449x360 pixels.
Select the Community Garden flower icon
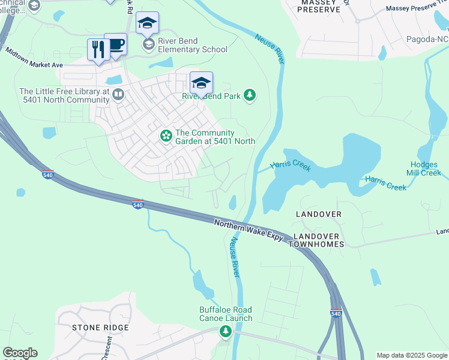pos(166,137)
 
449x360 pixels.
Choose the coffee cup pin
pos(115,44)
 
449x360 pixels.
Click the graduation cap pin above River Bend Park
pos(201,82)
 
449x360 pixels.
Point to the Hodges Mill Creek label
pos(425,169)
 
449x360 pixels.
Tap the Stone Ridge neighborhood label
pos(100,328)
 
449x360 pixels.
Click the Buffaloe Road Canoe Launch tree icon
pos(226,331)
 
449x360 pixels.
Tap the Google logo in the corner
pos(20,353)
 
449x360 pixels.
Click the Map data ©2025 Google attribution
pos(412,355)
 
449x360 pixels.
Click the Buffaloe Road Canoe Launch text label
pos(226,314)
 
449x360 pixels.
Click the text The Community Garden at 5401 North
pos(215,137)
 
